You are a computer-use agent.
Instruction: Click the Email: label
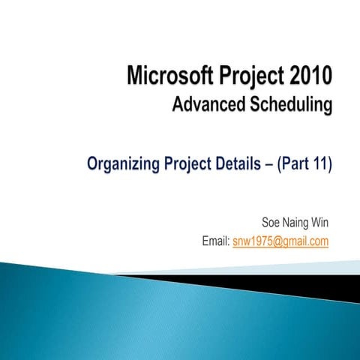[x=216, y=241]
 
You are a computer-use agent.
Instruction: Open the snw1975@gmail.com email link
[x=281, y=241]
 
